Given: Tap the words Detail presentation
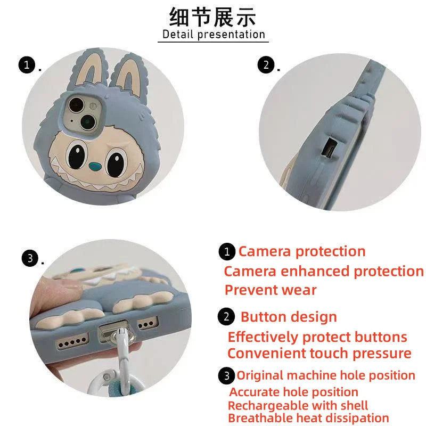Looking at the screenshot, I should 213,35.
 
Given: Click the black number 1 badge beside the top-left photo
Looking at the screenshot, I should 26,66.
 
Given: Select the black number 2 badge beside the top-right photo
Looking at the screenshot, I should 266,66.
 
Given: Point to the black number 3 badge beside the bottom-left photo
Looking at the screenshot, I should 30,259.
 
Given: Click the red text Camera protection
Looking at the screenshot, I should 301,251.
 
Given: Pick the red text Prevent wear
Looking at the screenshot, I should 271,290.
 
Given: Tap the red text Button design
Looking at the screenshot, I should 289,317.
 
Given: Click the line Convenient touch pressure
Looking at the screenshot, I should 319,354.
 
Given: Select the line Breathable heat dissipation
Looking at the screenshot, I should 308,419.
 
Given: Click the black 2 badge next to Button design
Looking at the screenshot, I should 227,317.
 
